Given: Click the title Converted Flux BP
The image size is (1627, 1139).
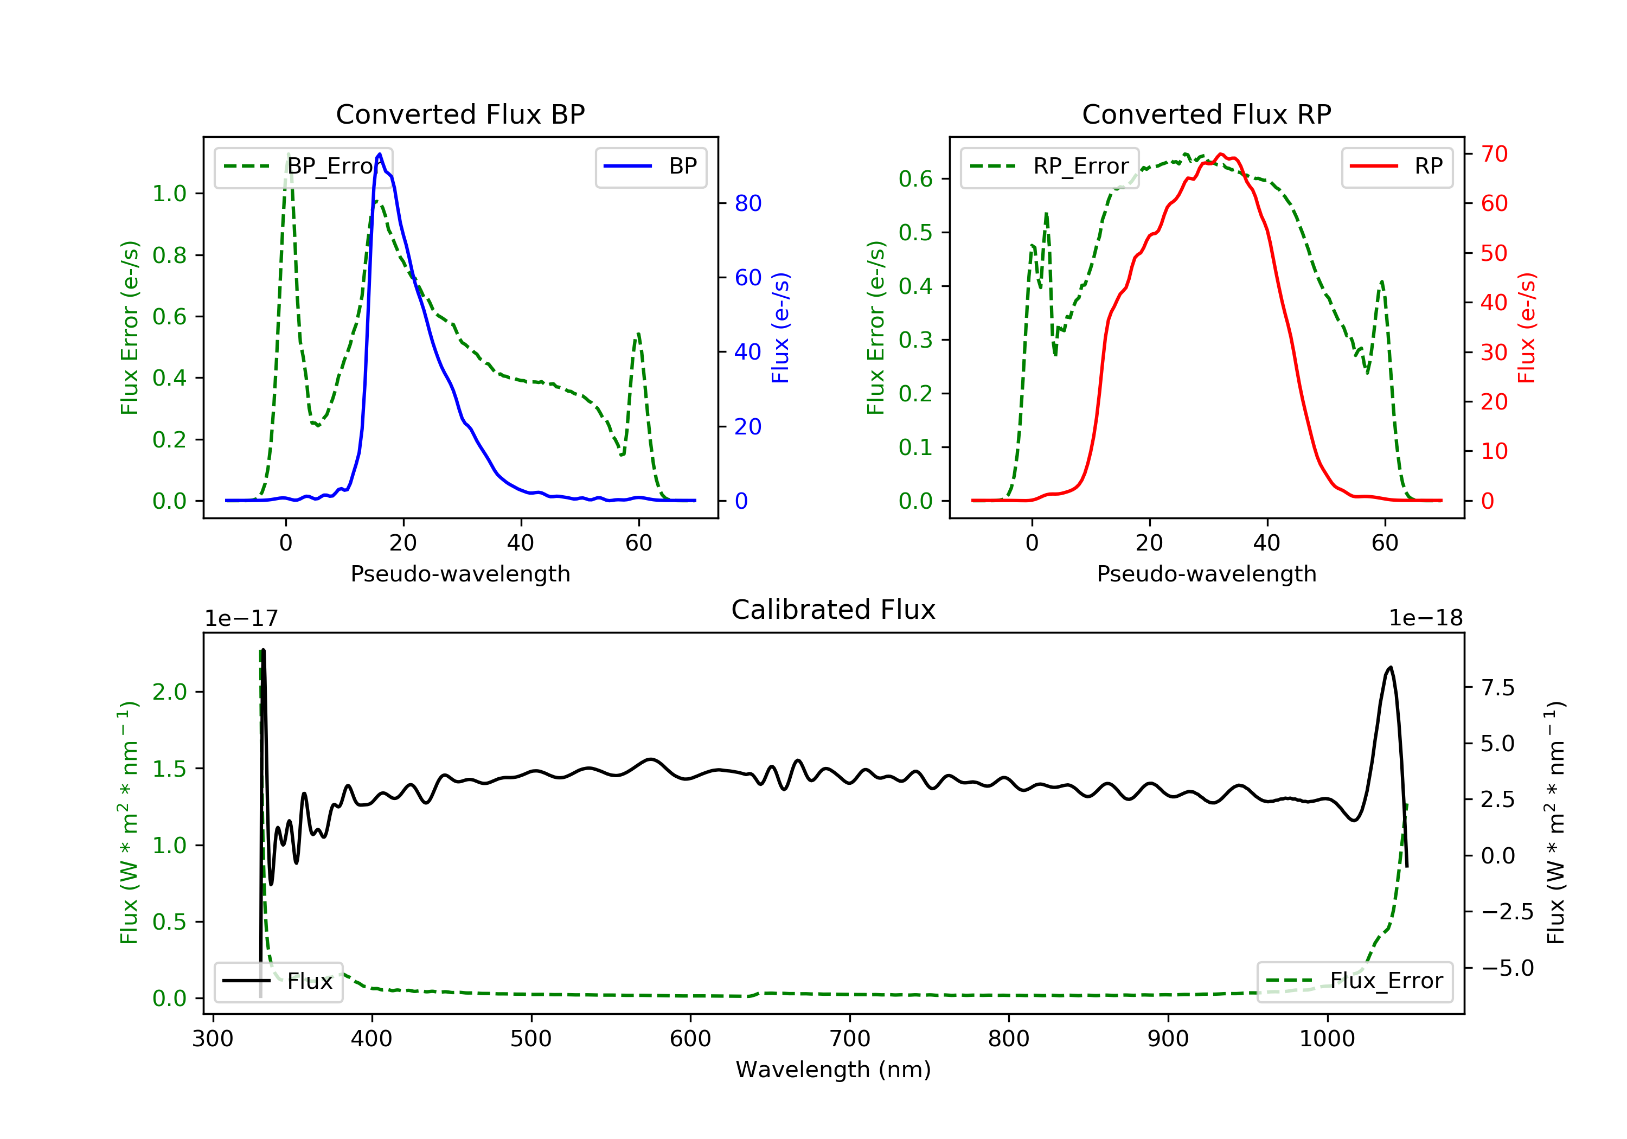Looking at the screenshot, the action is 460,114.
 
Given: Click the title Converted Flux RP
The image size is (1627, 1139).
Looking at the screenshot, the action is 1207,114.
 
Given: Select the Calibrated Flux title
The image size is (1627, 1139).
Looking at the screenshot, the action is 834,610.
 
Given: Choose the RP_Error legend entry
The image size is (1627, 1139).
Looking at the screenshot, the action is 1049,167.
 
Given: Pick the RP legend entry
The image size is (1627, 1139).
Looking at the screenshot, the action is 1397,167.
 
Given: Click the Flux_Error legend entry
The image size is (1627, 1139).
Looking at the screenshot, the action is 1354,981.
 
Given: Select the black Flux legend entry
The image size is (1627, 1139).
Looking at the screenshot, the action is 278,981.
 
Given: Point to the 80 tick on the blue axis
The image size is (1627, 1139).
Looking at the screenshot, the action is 747,203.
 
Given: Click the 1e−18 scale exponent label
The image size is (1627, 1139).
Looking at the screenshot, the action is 1426,618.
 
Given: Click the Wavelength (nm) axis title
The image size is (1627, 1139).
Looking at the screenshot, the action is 834,1070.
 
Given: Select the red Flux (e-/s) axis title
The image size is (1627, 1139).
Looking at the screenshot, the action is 1527,328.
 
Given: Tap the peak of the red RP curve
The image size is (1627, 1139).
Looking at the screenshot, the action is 1220,154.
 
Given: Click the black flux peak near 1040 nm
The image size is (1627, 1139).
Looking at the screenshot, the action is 1391,667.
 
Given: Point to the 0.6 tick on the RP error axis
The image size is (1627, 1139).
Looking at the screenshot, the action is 915,178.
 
